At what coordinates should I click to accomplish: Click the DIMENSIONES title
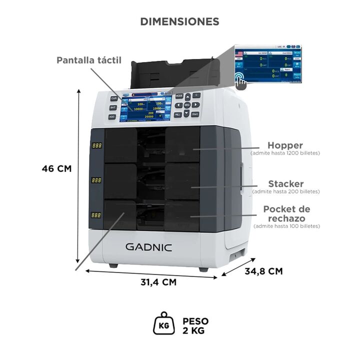click(x=179, y=21)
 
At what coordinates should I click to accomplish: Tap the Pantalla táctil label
click(x=89, y=60)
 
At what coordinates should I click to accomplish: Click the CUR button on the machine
click(x=114, y=98)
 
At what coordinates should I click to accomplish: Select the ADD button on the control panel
click(x=112, y=116)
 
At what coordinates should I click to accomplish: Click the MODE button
click(x=178, y=95)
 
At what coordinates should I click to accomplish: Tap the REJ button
click(x=178, y=114)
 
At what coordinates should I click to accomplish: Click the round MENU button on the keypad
click(x=187, y=105)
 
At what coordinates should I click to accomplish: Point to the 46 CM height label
click(x=56, y=168)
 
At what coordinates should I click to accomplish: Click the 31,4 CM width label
click(x=158, y=282)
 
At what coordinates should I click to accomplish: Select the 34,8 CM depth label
click(x=263, y=271)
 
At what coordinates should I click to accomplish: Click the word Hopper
click(x=285, y=145)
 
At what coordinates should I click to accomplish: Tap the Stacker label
click(x=285, y=184)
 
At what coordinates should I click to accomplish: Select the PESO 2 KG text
click(x=195, y=325)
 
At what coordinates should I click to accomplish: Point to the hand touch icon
click(x=241, y=79)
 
